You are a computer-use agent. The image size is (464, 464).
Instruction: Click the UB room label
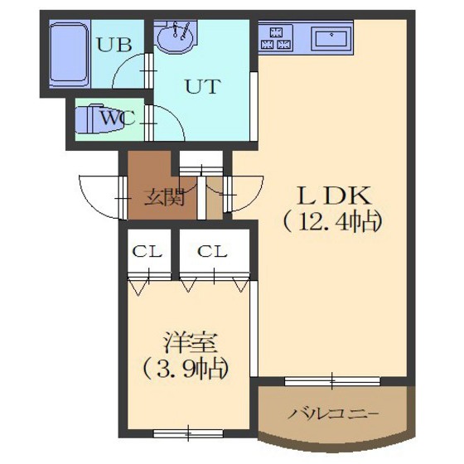(x=114, y=45)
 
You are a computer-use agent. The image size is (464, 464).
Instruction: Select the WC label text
(x=116, y=117)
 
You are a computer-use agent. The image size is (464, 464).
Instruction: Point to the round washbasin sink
(x=176, y=37)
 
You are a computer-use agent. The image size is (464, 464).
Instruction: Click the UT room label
(x=202, y=85)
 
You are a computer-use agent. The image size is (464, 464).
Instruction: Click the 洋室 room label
(x=183, y=341)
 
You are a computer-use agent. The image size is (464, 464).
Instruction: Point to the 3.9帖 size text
(x=183, y=367)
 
